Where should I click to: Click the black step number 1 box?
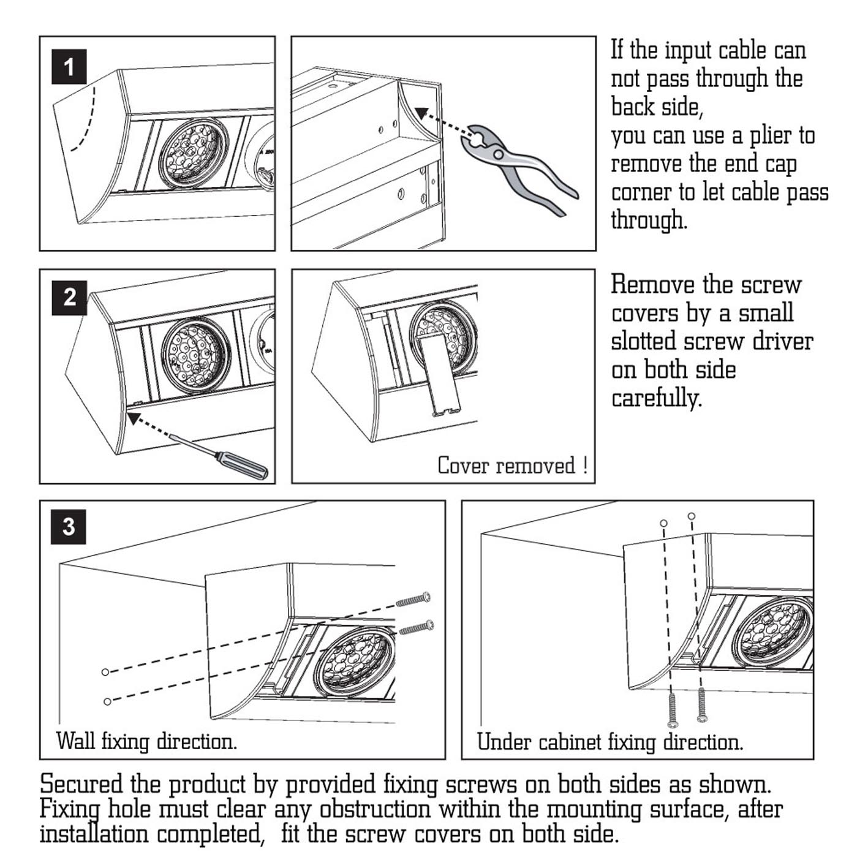pos(69,66)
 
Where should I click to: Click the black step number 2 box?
pos(69,298)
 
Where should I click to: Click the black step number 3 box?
pos(69,526)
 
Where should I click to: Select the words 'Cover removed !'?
pos(512,466)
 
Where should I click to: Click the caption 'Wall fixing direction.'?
pos(146,742)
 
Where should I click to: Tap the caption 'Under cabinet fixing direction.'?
pos(610,742)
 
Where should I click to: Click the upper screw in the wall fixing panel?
pos(413,598)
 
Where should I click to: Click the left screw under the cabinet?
pos(673,711)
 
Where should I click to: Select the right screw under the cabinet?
pos(702,705)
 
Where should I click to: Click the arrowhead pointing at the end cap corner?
pos(421,113)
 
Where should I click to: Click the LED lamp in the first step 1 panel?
pos(193,153)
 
